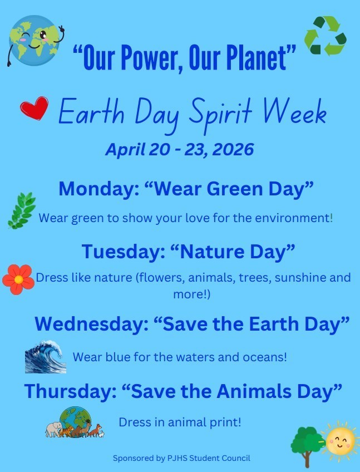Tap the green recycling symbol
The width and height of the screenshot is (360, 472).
(325, 36)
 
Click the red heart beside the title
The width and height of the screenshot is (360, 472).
(34, 109)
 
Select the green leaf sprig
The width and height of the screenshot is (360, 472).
(22, 210)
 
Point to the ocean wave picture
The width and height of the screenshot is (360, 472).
(45, 357)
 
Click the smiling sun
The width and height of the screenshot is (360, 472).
(340, 439)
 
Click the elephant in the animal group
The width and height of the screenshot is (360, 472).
(55, 429)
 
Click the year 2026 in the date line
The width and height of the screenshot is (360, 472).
(231, 150)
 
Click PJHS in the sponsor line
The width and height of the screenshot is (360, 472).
(176, 458)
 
